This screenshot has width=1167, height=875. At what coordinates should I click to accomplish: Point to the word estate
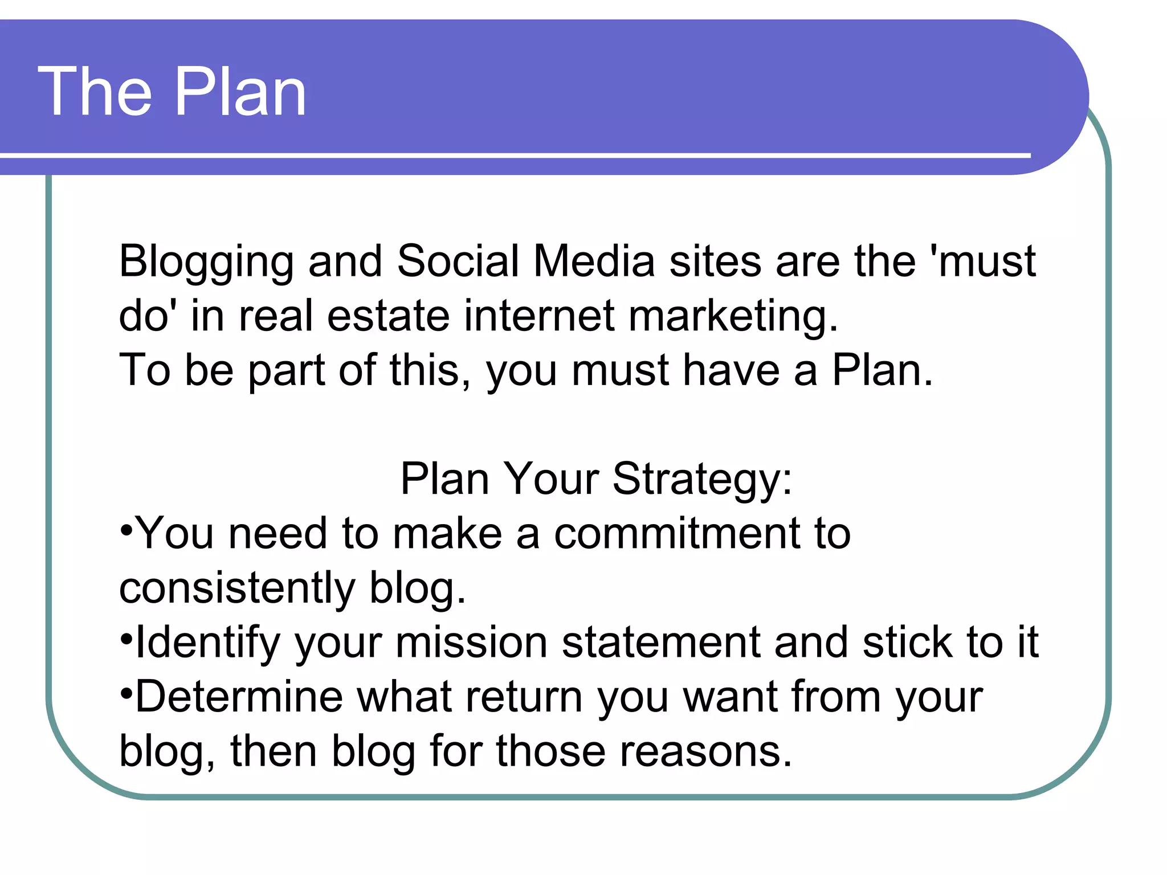(388, 316)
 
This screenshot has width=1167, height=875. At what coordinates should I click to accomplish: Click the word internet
(539, 316)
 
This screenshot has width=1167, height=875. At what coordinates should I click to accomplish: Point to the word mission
(471, 643)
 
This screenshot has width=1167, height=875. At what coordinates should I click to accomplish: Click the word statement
(660, 643)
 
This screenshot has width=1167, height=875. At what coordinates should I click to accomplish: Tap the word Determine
(239, 696)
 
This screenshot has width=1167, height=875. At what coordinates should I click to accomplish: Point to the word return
(524, 697)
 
